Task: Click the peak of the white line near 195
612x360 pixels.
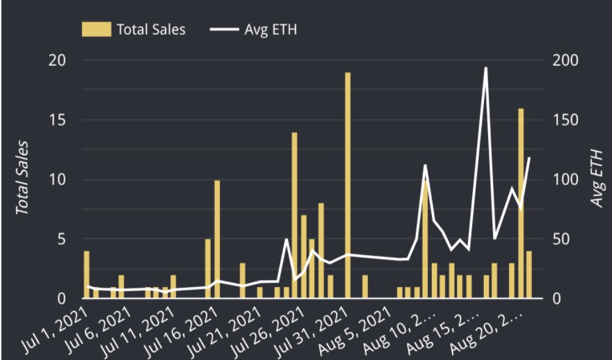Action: tap(485, 68)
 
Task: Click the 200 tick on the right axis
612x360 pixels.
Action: tap(565, 60)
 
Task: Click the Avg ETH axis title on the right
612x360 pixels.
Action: tap(597, 179)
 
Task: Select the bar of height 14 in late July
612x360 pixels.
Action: tap(294, 215)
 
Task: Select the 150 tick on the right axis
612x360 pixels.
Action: tap(565, 120)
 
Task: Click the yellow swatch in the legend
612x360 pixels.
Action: tap(96, 29)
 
